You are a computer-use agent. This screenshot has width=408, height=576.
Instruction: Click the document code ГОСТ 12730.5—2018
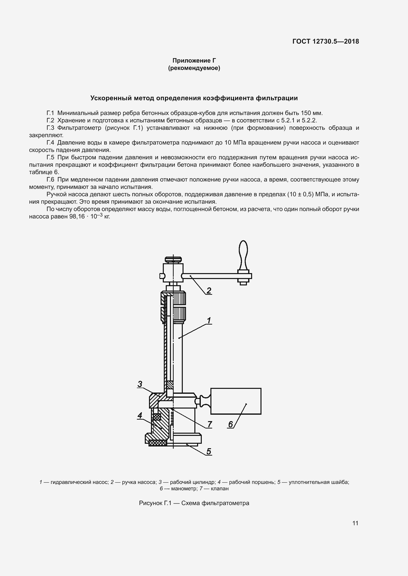tap(326, 41)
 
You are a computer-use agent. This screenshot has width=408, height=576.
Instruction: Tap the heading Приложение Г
tap(194, 61)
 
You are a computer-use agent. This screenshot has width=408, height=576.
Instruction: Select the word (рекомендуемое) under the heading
tap(194, 68)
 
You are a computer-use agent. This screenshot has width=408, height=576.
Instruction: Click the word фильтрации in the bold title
tap(277, 98)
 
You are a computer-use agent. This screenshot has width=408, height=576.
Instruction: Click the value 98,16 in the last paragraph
tap(77, 216)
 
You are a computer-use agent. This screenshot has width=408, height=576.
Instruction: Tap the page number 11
tap(355, 523)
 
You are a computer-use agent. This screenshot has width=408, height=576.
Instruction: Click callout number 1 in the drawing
tap(209, 321)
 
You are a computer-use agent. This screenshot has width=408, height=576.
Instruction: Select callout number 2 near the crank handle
tap(208, 290)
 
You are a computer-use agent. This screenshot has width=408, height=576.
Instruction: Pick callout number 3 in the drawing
tap(140, 384)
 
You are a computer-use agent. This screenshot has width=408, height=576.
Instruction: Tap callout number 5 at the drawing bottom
tap(209, 451)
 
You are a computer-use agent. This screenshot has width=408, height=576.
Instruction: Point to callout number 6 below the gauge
tap(230, 424)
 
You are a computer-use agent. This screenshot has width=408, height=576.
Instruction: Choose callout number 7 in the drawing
tap(209, 424)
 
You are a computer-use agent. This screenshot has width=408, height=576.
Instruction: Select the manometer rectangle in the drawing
tap(236, 401)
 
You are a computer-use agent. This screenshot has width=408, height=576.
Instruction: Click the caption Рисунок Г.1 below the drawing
tap(155, 503)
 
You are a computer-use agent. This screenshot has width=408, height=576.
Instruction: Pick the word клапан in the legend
tap(220, 488)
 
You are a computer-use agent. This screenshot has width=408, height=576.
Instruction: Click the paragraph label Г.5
tap(50, 158)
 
